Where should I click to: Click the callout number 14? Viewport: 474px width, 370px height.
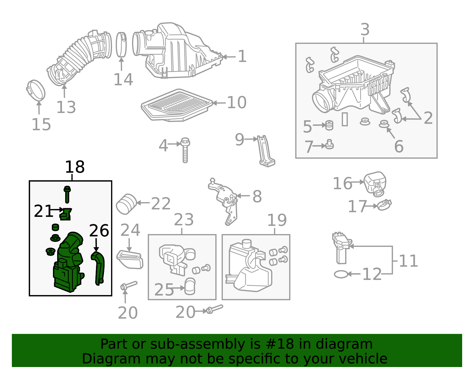pos(124,79)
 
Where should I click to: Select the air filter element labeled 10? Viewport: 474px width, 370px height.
pos(177,105)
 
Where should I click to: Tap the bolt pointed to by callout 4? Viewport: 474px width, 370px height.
pos(185,150)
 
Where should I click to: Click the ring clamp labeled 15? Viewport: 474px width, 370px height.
pos(36,90)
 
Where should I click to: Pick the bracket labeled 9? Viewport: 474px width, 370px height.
pos(265,151)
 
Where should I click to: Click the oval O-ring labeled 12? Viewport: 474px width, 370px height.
pos(341,274)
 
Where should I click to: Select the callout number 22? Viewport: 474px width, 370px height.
pos(161,204)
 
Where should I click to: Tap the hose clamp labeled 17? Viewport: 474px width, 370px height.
pos(384,205)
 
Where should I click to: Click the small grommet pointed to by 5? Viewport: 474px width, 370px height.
pos(329,125)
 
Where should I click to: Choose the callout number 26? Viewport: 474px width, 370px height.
pos(99,230)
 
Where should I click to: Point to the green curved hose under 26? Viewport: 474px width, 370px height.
pos(98,268)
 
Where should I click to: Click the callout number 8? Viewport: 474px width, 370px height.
pos(257,196)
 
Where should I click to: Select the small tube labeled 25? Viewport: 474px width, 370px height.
pos(190,286)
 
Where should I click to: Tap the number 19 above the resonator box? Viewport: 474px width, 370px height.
pos(277,220)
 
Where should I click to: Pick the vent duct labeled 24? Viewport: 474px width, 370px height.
pos(130,260)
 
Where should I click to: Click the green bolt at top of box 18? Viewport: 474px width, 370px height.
pos(67,195)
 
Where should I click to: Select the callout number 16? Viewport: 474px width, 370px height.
pos(342,183)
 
